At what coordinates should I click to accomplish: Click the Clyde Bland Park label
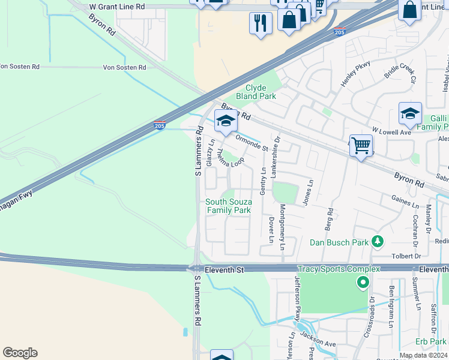[255, 92]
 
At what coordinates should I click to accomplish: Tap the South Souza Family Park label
[228, 206]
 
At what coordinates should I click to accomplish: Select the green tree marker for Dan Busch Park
[377, 241]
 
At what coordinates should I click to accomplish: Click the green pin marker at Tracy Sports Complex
[363, 281]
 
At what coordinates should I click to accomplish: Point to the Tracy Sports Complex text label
[339, 269]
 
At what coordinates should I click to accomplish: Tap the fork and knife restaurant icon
[261, 23]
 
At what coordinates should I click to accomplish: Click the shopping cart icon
[361, 145]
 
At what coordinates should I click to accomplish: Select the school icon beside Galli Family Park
[410, 114]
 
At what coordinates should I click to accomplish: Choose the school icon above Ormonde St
[226, 121]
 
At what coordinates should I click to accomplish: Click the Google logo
[20, 353]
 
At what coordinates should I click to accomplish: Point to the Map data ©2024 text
[423, 355]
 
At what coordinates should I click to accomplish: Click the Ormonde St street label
[251, 142]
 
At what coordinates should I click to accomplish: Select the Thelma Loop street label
[230, 158]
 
